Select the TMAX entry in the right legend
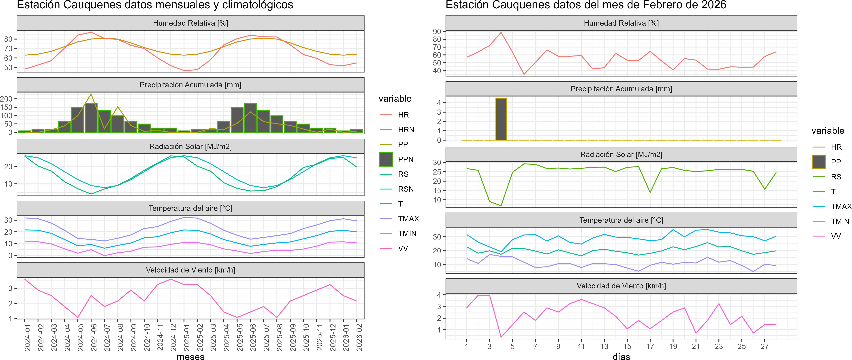coord(841,207)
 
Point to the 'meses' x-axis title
coord(190,356)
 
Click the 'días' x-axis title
coord(621,356)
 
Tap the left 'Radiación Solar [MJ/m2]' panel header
coord(190,146)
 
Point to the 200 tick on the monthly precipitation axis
coord(6,99)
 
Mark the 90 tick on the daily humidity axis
coord(437,31)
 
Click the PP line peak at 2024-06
coord(91,94)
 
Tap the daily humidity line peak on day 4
coord(501,32)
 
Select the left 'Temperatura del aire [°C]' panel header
coord(190,208)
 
